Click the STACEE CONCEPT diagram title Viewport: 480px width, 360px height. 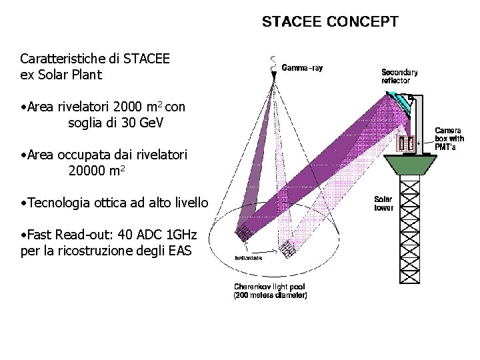click(330, 22)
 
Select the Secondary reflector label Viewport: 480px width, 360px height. click(399, 75)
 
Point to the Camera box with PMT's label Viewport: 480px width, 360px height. click(449, 138)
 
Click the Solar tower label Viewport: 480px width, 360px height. click(383, 203)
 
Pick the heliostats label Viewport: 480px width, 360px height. click(247, 257)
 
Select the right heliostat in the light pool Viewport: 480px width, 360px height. click(288, 249)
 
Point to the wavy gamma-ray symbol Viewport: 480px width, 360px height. click(273, 64)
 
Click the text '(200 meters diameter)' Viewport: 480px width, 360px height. click(270, 294)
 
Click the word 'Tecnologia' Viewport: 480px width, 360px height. click(59, 203)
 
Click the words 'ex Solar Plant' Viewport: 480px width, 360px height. click(61, 75)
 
